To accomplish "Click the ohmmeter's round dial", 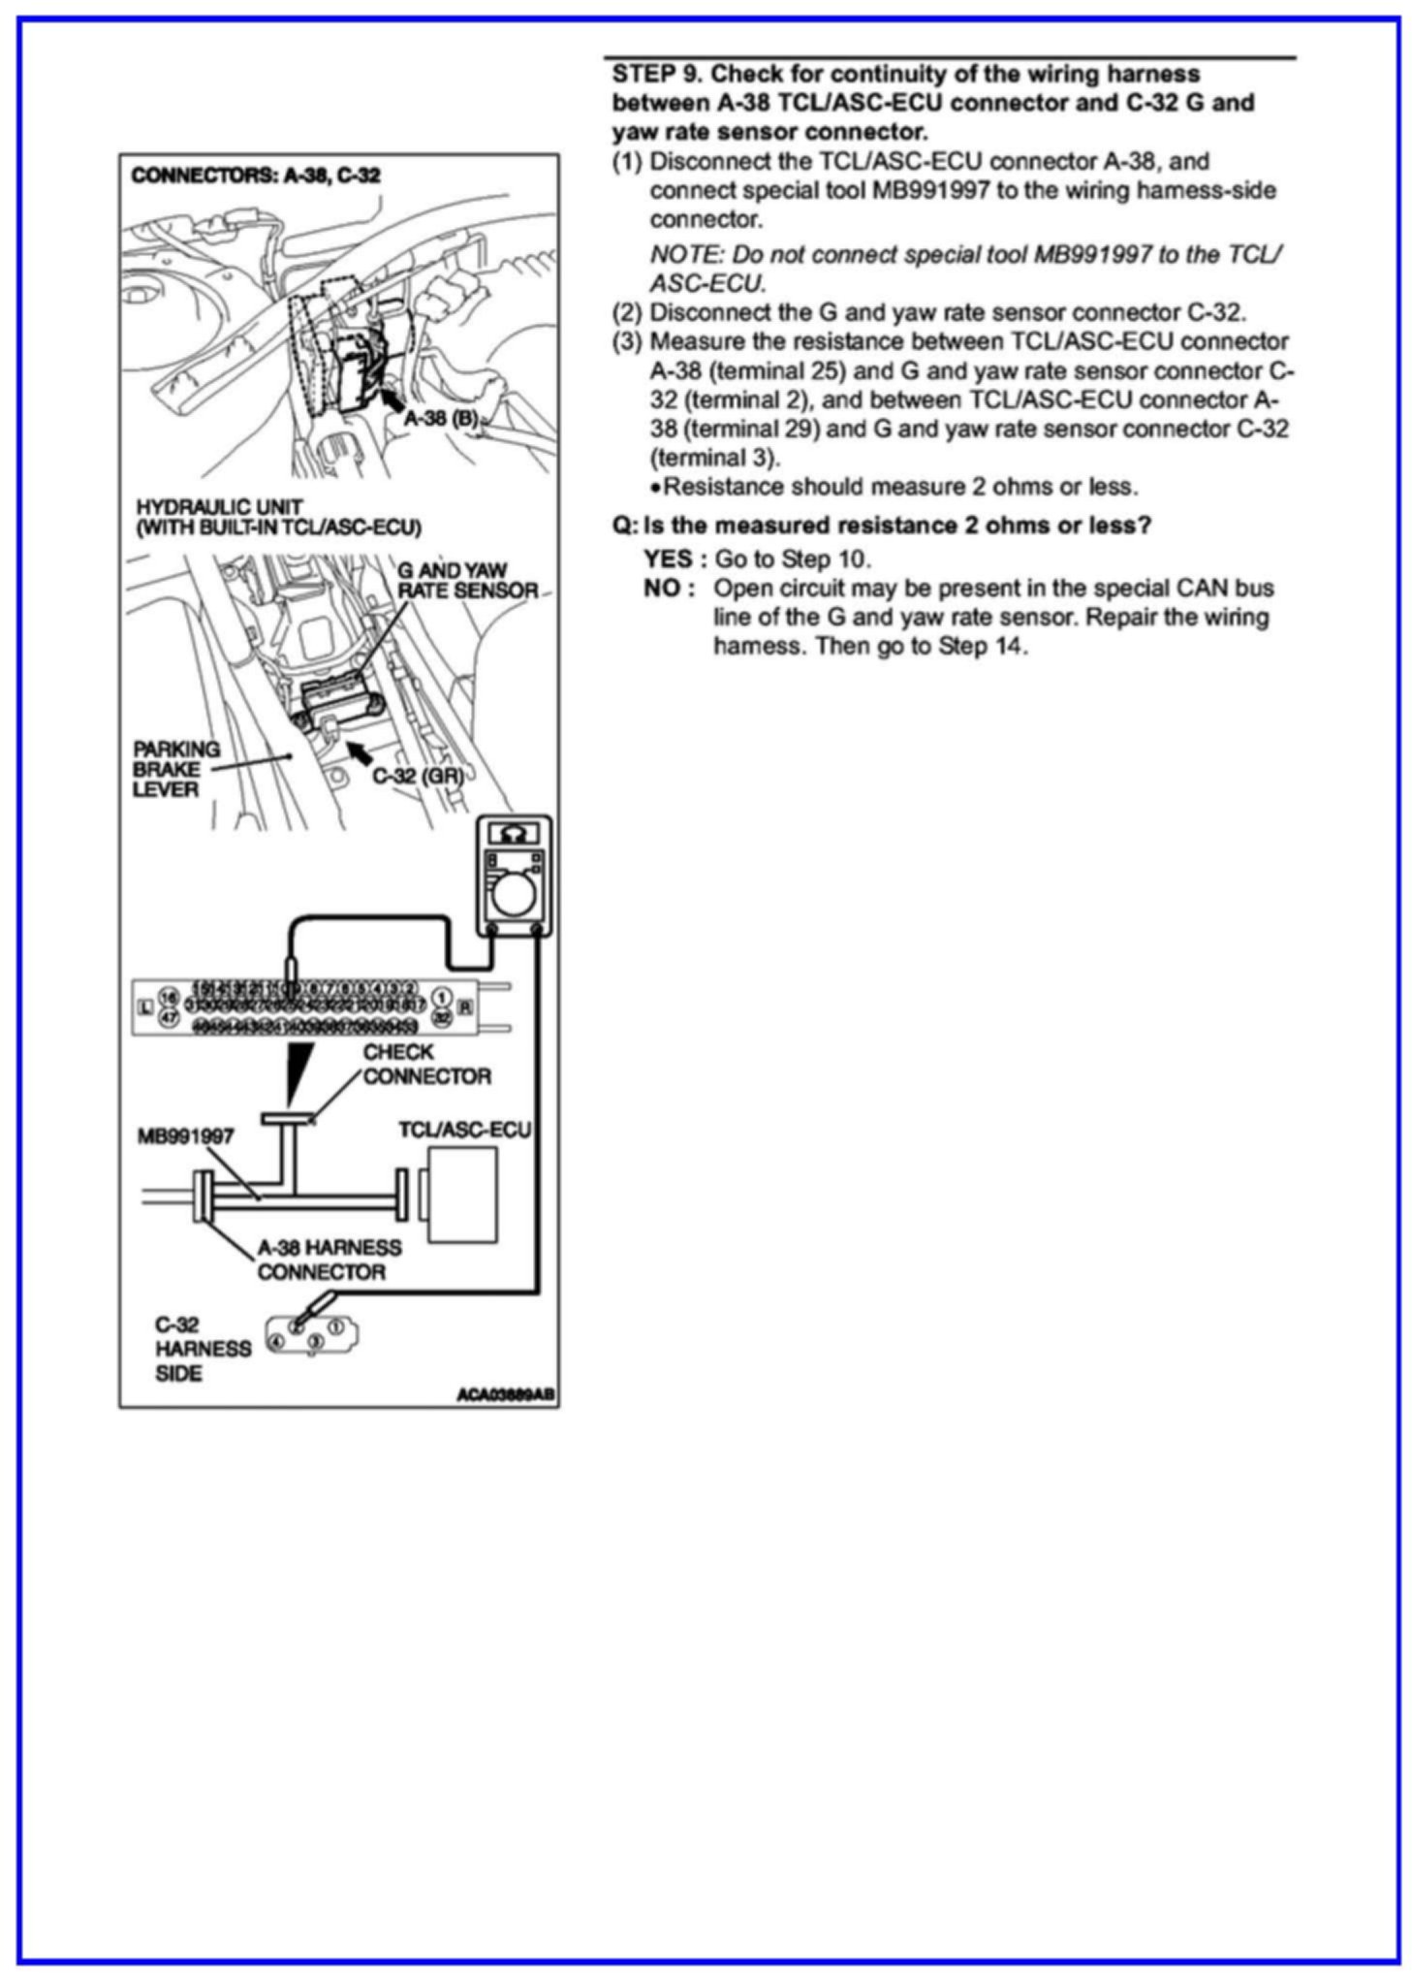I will tap(512, 897).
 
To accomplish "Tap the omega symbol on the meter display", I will tap(514, 833).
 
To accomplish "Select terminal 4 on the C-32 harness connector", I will tap(275, 1342).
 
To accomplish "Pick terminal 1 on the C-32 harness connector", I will tap(336, 1324).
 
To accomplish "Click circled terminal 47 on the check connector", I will tap(169, 1018).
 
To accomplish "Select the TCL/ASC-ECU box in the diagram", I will tap(462, 1195).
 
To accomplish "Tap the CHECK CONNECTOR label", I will tap(426, 1065).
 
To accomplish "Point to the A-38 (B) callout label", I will tap(441, 419).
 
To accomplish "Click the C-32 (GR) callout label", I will tap(418, 776).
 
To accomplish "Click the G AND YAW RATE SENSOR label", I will tap(467, 580).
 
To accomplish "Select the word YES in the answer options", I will tap(668, 559).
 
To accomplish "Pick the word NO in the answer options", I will tap(664, 589).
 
